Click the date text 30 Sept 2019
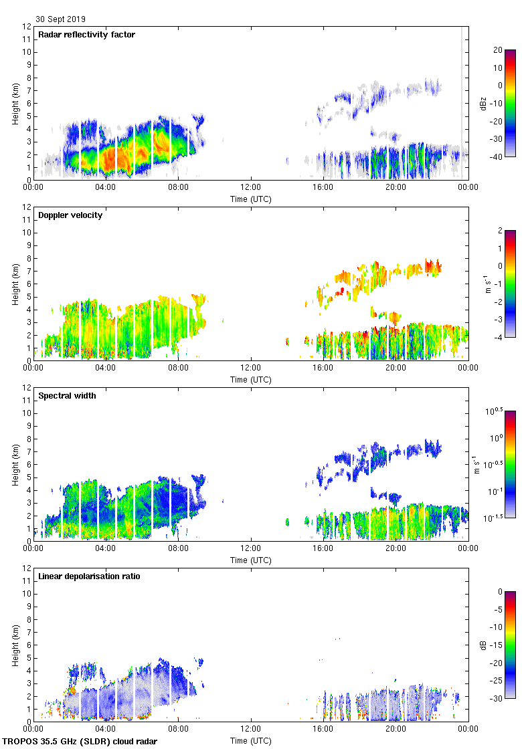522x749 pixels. tap(60, 19)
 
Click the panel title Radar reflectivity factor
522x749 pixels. tap(86, 35)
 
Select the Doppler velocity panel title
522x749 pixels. tap(70, 215)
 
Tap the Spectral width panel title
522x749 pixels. tap(67, 396)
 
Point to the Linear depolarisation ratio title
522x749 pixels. tap(89, 576)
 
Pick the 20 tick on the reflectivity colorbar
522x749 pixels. tap(498, 50)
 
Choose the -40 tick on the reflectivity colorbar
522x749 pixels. tap(498, 156)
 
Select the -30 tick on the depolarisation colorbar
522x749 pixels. tap(498, 698)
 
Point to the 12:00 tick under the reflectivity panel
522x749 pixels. tap(251, 187)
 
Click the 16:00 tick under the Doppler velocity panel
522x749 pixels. tap(323, 368)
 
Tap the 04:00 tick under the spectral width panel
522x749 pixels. tap(106, 548)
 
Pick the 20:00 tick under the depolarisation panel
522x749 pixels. tap(396, 729)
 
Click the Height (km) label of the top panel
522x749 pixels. tap(15, 103)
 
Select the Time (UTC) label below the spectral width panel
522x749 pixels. tap(251, 560)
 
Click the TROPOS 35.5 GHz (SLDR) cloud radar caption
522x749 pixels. tap(80, 741)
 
